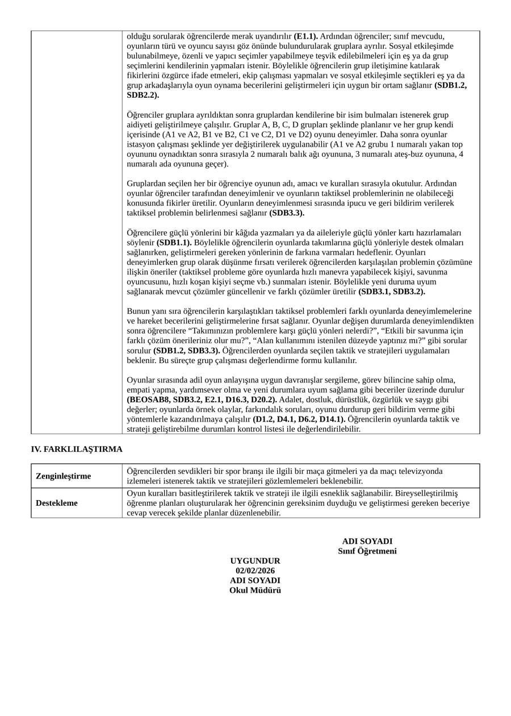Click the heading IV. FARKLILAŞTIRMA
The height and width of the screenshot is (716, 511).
77,449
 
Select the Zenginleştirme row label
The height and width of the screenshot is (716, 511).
63,476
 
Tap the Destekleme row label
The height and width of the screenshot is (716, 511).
57,503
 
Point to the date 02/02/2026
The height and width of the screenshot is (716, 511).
255,571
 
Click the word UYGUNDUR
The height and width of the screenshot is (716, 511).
255,561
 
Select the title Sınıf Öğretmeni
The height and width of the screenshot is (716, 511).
367,551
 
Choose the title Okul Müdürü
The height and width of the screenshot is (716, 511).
255,590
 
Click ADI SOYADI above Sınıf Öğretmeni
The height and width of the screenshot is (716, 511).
367,542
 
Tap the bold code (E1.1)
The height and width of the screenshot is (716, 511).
305,36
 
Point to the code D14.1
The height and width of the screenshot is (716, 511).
332,419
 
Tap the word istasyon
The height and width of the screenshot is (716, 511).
141,144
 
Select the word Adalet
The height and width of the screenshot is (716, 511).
291,399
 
